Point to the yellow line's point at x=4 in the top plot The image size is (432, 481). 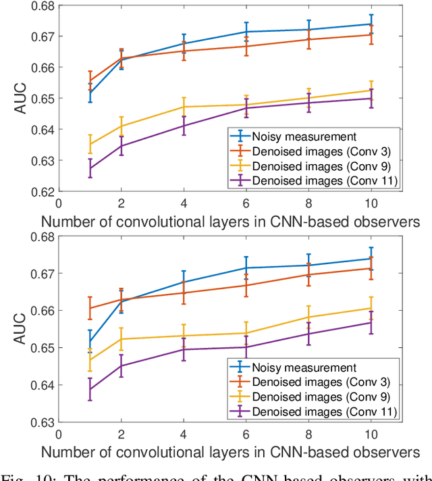click(183, 107)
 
